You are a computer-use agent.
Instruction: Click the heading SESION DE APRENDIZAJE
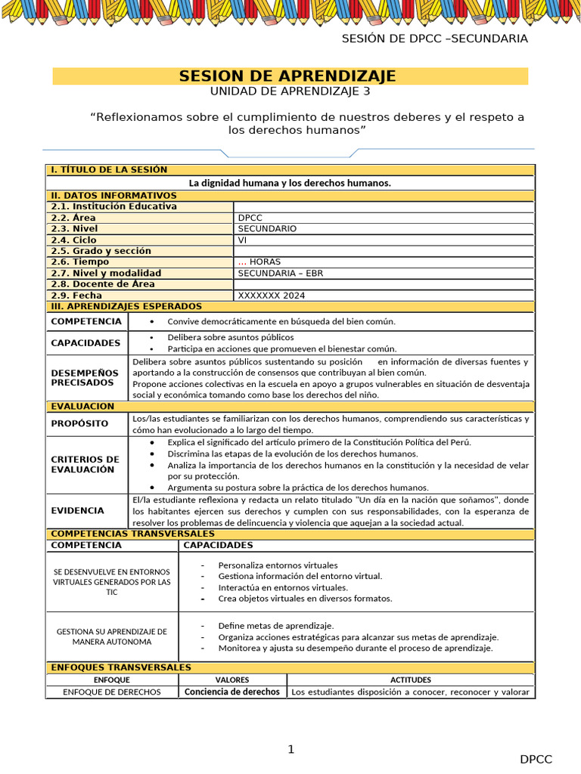click(287, 76)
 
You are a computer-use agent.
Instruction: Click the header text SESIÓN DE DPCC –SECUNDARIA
click(434, 39)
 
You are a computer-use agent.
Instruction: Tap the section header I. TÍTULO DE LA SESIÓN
click(109, 170)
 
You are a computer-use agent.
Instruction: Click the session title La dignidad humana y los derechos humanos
click(290, 183)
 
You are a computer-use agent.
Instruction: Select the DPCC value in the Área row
click(250, 218)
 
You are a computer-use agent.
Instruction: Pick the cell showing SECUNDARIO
click(267, 228)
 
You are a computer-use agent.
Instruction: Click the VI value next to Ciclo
click(242, 240)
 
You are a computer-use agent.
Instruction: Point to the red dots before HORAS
click(242, 262)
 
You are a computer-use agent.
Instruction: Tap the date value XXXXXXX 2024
click(272, 296)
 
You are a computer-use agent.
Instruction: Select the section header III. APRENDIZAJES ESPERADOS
click(126, 306)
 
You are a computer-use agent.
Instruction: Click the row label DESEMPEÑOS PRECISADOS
click(85, 377)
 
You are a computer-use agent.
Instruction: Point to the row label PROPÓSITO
click(79, 424)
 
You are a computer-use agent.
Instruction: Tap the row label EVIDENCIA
click(77, 511)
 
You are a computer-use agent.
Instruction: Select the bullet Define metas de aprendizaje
click(275, 626)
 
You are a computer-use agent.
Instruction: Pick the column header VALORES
click(232, 680)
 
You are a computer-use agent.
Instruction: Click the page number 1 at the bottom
click(290, 750)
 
